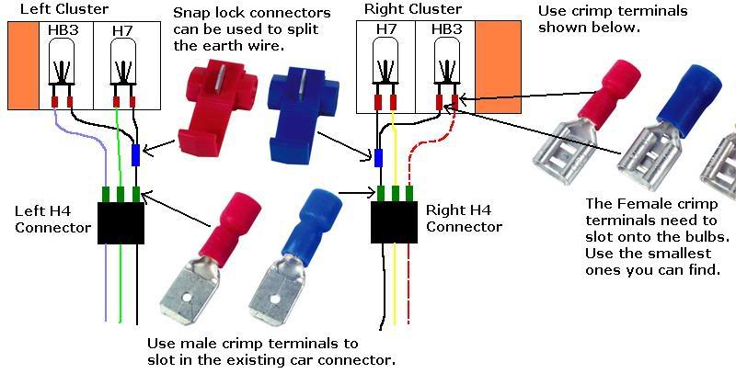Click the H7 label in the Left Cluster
click(122, 31)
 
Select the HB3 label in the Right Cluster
click(443, 31)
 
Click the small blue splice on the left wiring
click(136, 155)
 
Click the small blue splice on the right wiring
click(378, 159)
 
